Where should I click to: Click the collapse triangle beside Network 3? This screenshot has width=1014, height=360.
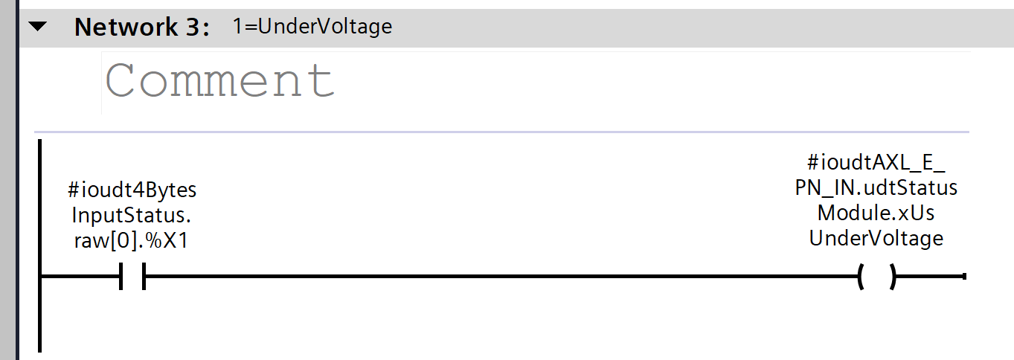tap(37, 28)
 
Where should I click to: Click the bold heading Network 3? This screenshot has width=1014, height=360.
tap(142, 28)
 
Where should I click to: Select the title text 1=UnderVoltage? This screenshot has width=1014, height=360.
tap(312, 27)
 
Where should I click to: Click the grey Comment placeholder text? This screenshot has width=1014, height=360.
tap(220, 80)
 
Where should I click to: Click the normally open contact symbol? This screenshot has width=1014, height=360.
tap(132, 277)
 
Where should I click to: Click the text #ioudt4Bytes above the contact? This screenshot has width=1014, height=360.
tap(132, 190)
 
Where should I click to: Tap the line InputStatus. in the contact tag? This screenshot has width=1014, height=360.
tap(132, 215)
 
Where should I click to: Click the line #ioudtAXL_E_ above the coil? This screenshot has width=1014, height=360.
tap(876, 162)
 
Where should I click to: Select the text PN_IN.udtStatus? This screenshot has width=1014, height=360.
tap(876, 187)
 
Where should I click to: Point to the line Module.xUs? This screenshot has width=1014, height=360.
tap(876, 213)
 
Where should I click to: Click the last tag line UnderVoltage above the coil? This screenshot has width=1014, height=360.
tap(876, 238)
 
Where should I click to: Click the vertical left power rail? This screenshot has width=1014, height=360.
tap(39, 312)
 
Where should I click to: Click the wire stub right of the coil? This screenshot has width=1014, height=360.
tap(930, 277)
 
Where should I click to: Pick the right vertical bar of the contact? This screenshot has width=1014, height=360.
tap(143, 277)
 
